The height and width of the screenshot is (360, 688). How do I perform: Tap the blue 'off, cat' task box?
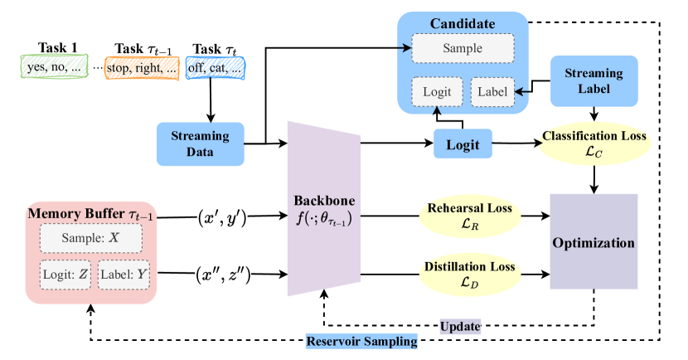(216, 68)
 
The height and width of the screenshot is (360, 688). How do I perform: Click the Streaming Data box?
(200, 144)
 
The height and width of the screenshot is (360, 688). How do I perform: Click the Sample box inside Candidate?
(463, 48)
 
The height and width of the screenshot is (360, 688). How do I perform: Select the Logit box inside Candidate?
(436, 91)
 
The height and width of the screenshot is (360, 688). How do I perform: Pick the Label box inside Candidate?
(492, 91)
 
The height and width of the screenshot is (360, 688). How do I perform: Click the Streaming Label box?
(594, 80)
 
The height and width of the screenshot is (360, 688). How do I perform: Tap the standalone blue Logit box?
(463, 144)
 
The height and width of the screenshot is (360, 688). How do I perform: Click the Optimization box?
(594, 243)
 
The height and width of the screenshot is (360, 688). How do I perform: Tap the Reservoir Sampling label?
(361, 341)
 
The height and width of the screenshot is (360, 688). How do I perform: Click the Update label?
(459, 327)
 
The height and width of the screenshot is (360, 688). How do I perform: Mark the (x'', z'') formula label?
(222, 275)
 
